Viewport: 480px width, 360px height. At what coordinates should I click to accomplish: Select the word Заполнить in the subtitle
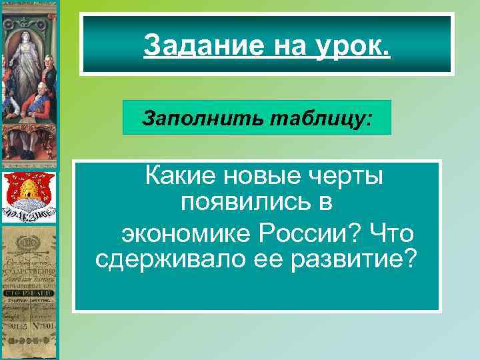[183, 117]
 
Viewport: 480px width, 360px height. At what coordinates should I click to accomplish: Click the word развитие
[351, 257]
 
